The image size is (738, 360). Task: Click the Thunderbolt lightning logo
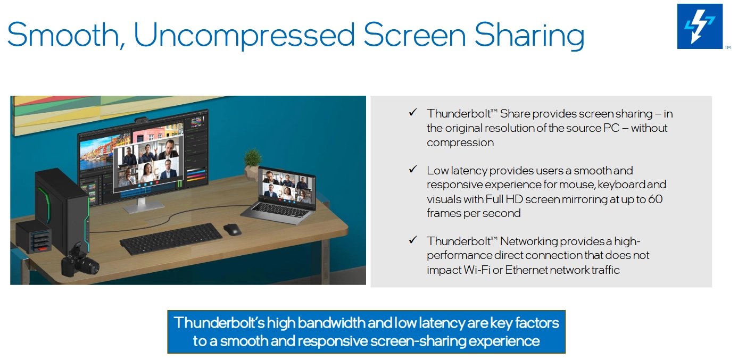700,27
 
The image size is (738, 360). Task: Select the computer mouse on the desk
232,229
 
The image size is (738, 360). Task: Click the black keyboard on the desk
171,239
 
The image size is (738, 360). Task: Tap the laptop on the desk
279,195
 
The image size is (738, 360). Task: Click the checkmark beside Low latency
413,170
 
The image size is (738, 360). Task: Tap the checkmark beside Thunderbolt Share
413,113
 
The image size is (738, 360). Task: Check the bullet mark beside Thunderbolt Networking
413,240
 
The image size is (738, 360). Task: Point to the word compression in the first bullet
460,143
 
